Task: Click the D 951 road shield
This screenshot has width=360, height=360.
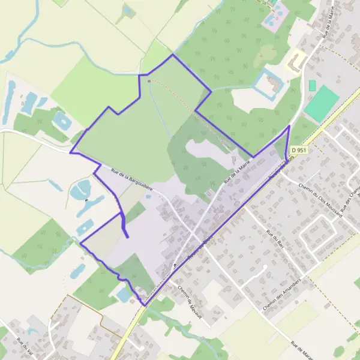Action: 298,149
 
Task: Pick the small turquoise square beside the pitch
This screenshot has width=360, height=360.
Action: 312,85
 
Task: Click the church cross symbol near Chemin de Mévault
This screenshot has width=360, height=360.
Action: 175,265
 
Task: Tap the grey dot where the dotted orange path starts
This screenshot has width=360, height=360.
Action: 149,79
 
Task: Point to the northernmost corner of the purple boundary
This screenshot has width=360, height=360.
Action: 173,55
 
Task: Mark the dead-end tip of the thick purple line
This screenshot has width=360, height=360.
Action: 128,237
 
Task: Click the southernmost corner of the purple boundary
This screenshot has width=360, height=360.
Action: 145,305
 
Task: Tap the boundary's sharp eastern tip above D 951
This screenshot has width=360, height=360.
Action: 289,126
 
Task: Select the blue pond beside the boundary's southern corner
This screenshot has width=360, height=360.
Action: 125,295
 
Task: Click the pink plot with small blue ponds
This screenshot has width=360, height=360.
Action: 273,17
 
